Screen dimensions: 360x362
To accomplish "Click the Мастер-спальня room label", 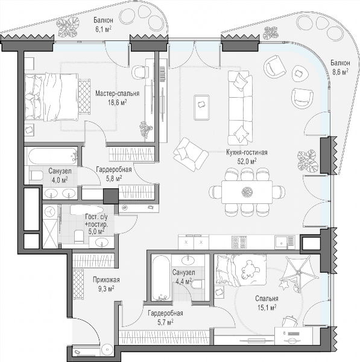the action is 117,94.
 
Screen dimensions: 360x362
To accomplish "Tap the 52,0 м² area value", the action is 247,161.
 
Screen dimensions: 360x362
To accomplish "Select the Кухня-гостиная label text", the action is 247,153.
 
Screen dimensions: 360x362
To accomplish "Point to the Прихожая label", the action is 106,280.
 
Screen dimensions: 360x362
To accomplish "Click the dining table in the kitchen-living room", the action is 247,192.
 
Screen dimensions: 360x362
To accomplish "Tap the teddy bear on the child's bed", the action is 249,270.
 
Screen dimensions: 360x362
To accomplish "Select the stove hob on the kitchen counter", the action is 239,242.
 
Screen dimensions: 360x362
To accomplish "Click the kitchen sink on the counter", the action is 285,243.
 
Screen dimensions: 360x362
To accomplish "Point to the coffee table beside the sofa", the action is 201,107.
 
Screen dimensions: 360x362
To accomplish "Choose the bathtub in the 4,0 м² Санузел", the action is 52,156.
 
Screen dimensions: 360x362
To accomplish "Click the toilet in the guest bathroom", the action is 78,236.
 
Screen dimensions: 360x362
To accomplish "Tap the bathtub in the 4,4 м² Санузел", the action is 162,278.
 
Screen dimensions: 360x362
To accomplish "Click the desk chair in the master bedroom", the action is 139,72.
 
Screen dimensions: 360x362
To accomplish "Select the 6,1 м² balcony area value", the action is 103,29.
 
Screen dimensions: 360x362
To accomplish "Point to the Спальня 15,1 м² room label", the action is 267,303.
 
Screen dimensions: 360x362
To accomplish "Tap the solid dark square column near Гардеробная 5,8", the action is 111,196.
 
